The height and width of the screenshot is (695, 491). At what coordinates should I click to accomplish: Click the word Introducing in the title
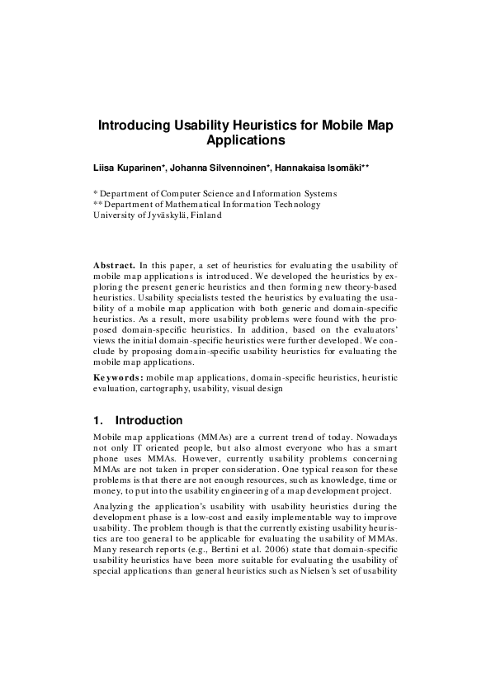pos(135,126)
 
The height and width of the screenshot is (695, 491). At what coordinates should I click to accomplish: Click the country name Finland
pos(205,215)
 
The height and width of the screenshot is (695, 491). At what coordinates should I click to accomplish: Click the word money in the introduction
pos(107,491)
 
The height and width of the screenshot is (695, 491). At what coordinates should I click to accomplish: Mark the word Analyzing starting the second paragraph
pos(116,508)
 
